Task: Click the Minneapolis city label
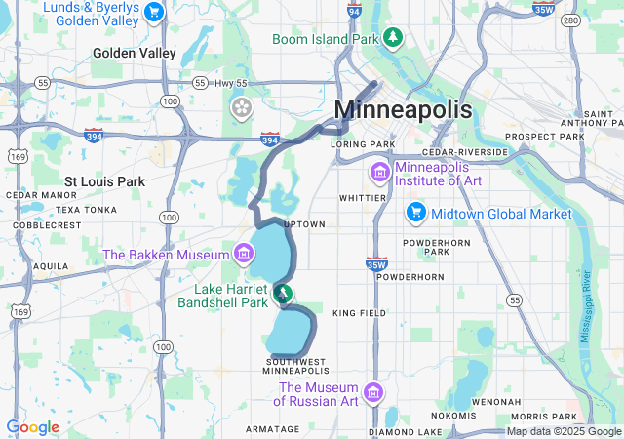click(403, 108)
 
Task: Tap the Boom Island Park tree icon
click(392, 37)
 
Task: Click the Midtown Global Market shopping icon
click(416, 212)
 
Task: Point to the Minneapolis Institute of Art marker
click(378, 173)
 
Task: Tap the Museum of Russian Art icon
click(372, 393)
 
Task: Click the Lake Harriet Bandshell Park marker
click(282, 292)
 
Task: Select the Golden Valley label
click(135, 53)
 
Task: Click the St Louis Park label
click(104, 181)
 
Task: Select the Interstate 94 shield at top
click(353, 11)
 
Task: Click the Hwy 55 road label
click(213, 83)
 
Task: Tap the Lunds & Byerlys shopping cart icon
click(153, 12)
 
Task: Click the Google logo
click(32, 427)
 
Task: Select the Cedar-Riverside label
click(465, 153)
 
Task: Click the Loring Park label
click(363, 144)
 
